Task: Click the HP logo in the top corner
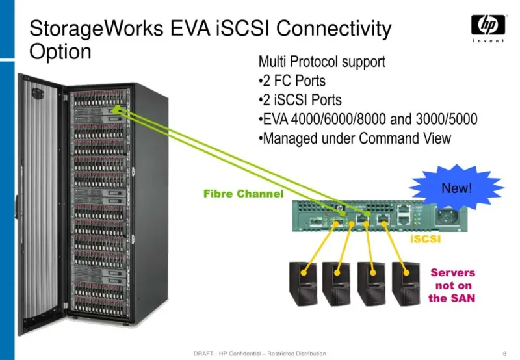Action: pos(488,28)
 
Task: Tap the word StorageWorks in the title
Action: pos(96,29)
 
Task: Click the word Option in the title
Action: pos(60,52)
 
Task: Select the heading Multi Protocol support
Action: pos(322,62)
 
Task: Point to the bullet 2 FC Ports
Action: pos(292,81)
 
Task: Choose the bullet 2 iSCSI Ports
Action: pos(300,100)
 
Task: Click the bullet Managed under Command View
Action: pos(355,138)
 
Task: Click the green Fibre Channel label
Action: pos(243,194)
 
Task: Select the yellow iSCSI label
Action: pos(426,239)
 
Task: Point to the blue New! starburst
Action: pos(457,187)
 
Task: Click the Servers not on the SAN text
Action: pos(452,285)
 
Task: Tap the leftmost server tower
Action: pos(303,284)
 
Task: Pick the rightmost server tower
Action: pos(406,284)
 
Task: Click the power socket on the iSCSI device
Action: pos(448,217)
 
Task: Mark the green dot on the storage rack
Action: pos(116,109)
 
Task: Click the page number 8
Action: pos(505,354)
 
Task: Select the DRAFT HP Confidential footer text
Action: pos(259,354)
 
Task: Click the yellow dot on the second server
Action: pos(337,273)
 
